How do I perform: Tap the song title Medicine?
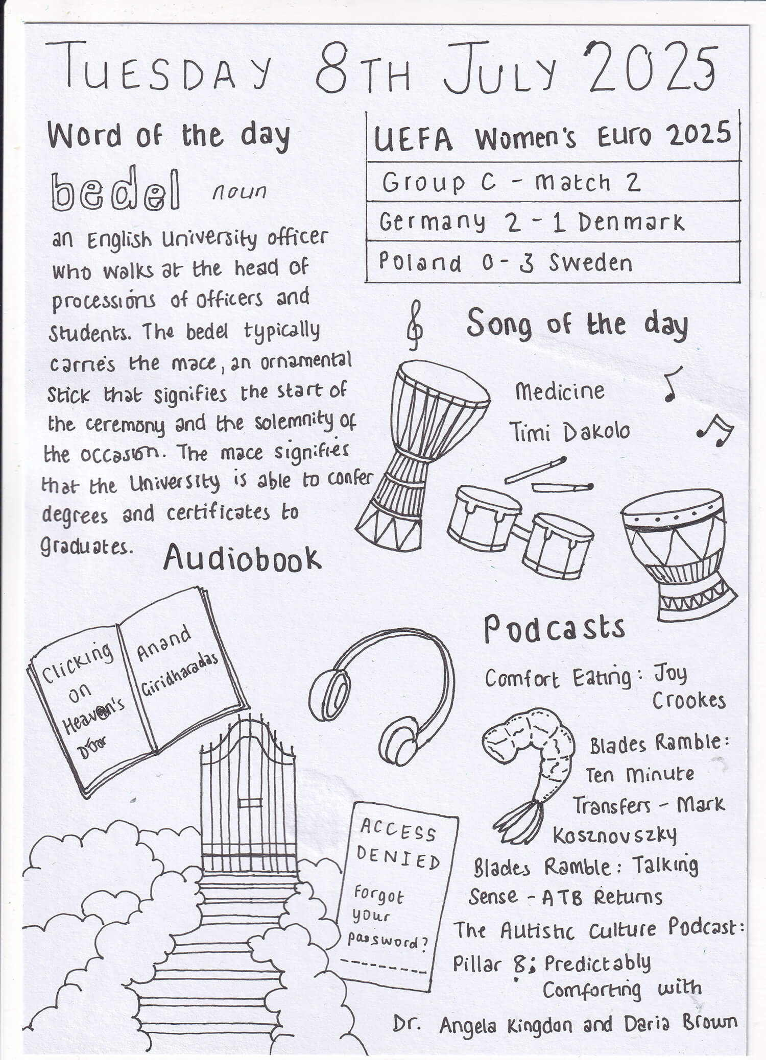tap(560, 392)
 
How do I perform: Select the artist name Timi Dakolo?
tap(569, 433)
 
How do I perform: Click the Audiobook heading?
tap(242, 559)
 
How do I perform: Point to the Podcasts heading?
tap(555, 629)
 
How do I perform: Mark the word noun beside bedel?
tap(240, 192)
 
